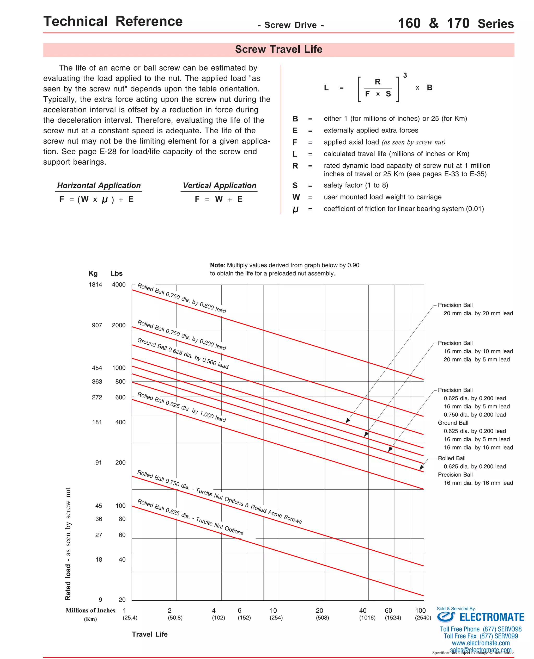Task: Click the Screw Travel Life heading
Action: tap(278, 49)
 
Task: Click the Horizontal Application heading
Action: tap(99, 185)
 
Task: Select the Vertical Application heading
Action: tap(219, 185)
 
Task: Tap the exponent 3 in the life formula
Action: tap(405, 76)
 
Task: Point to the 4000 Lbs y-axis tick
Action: tap(119, 285)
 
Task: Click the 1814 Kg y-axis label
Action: tap(95, 285)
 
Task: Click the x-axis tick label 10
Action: tap(273, 611)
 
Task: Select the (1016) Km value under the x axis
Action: tap(367, 618)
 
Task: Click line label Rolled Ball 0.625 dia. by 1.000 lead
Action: tap(181, 407)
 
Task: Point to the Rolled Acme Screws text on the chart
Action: tap(276, 514)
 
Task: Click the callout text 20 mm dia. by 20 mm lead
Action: tap(478, 313)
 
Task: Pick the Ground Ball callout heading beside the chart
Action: tap(453, 423)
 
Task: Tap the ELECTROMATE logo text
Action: tap(491, 618)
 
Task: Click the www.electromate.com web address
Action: tap(481, 643)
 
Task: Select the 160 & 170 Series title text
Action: tap(456, 24)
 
